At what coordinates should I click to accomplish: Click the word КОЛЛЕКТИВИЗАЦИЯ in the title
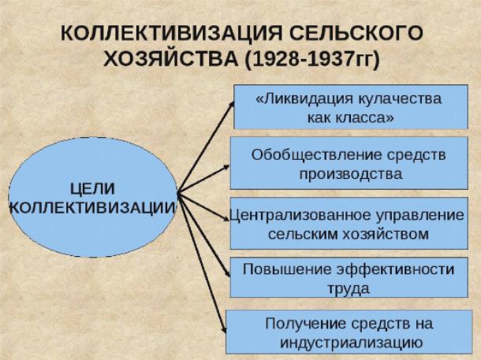coord(171,33)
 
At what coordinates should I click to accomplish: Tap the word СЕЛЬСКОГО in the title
coord(356,33)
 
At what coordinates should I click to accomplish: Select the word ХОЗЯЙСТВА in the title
coord(170,58)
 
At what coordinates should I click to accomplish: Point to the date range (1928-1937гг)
coord(312,59)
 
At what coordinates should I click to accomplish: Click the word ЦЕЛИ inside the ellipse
coord(92,188)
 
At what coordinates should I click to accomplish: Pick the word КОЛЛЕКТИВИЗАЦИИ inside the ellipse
coord(92,208)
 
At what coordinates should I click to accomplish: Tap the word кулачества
coord(400,99)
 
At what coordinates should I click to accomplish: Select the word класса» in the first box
coord(364,118)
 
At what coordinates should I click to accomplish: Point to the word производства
coord(351,174)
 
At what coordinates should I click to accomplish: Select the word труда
coord(349,289)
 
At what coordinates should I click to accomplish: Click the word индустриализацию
coord(351,343)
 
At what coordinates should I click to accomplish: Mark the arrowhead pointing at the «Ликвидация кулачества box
coord(232,104)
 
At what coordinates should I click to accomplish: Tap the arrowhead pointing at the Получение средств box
coord(224,329)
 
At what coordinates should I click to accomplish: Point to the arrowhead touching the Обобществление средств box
coord(226,167)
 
